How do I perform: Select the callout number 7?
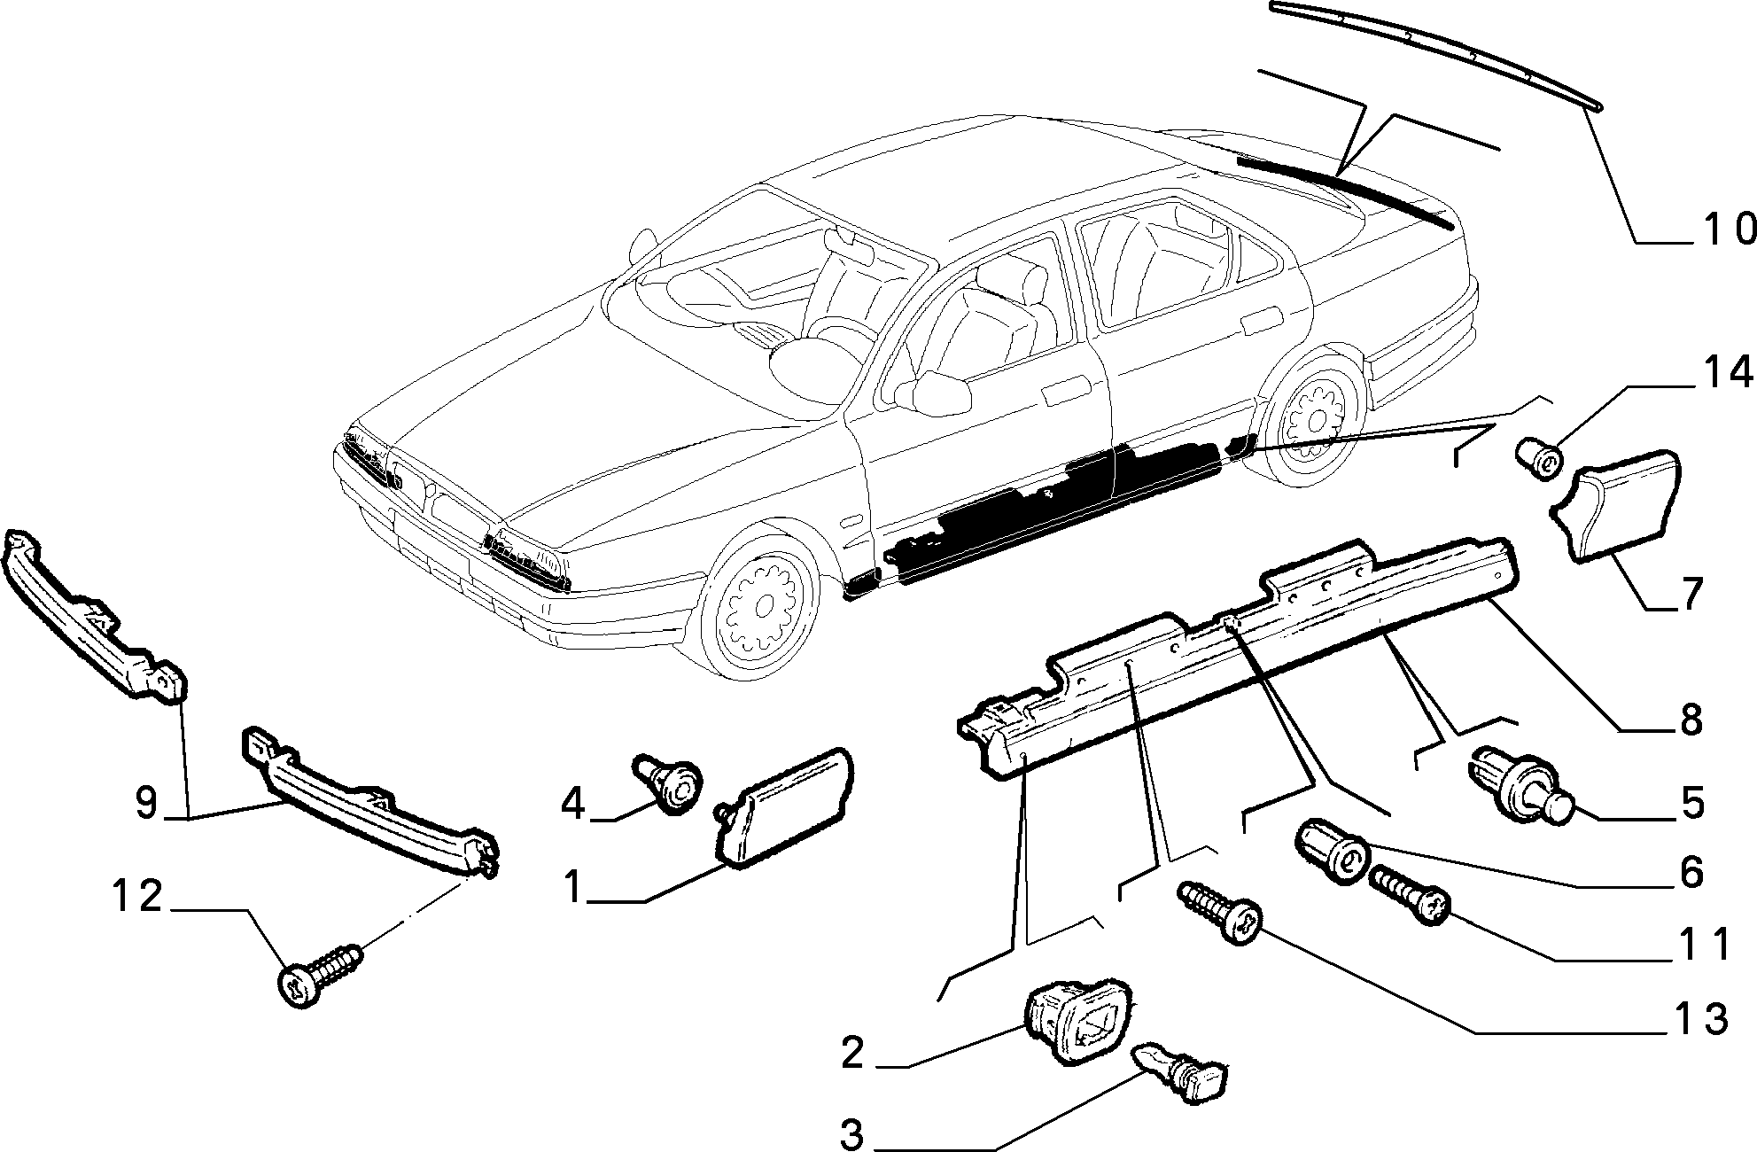coord(1691,594)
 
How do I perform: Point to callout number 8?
coord(1691,720)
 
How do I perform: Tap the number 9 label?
coord(147,803)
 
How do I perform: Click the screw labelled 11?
coord(1409,895)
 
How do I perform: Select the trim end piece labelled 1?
coord(783,805)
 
